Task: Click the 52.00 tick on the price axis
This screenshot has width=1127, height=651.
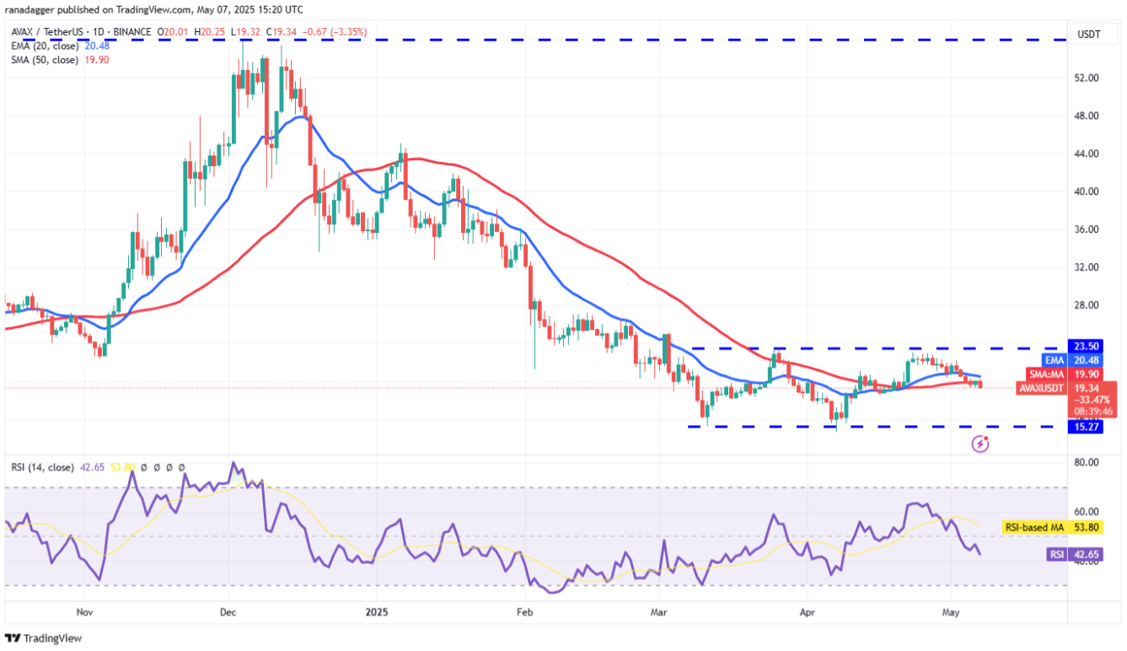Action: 1087,78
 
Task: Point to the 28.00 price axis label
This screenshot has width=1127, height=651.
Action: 1087,305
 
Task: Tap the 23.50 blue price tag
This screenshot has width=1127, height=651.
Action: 1086,346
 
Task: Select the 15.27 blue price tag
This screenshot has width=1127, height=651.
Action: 1086,428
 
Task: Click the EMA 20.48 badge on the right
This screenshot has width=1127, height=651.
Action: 1070,359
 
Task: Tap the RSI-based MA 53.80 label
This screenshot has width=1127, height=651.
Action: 1054,528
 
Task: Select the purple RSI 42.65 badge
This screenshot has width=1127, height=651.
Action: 1068,554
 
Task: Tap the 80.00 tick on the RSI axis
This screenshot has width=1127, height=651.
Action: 1087,463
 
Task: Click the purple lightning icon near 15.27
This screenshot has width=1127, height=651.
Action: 979,444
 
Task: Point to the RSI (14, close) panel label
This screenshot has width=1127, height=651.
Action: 42,467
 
